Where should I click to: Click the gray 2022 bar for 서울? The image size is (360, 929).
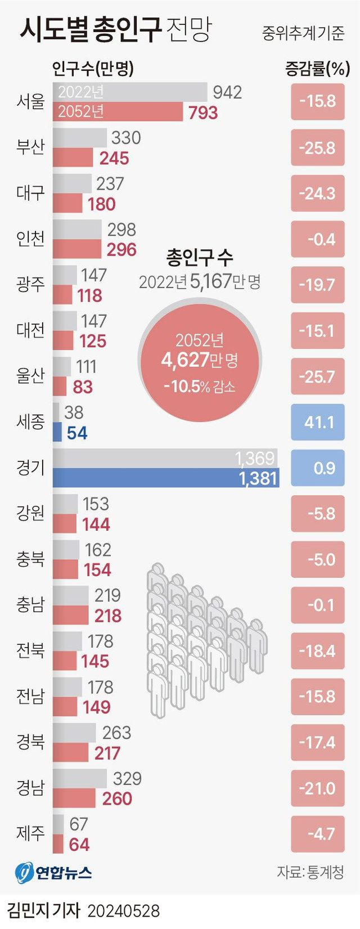pos(130,92)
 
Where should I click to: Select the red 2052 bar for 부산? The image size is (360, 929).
pos(73,158)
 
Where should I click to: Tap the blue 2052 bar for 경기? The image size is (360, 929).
pos(166,478)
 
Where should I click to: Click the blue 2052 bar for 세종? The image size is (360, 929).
pos(57,432)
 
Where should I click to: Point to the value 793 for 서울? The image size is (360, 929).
pos(203,113)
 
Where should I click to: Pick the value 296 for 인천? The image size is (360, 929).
pos(121,249)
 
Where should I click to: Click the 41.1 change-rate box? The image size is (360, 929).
pos(318,421)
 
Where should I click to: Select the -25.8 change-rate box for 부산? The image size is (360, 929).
pos(318,147)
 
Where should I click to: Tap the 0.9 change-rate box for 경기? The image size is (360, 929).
pos(318,468)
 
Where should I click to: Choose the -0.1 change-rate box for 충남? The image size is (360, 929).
pos(318,605)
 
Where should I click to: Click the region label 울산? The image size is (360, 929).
pos(30,375)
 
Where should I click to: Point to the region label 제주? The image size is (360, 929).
pos(30,833)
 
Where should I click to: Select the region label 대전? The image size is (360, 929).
pos(30,330)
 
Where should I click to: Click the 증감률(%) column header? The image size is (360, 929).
pos(317,69)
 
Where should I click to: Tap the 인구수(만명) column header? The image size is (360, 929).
pos(93,69)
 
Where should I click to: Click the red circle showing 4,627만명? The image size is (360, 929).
pos(200,360)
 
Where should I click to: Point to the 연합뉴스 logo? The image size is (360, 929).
pos(53,872)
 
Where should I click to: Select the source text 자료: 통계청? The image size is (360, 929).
pos(310,872)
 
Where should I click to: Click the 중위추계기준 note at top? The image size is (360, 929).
pos(303,33)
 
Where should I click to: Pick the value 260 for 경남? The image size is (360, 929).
pos(117,798)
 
